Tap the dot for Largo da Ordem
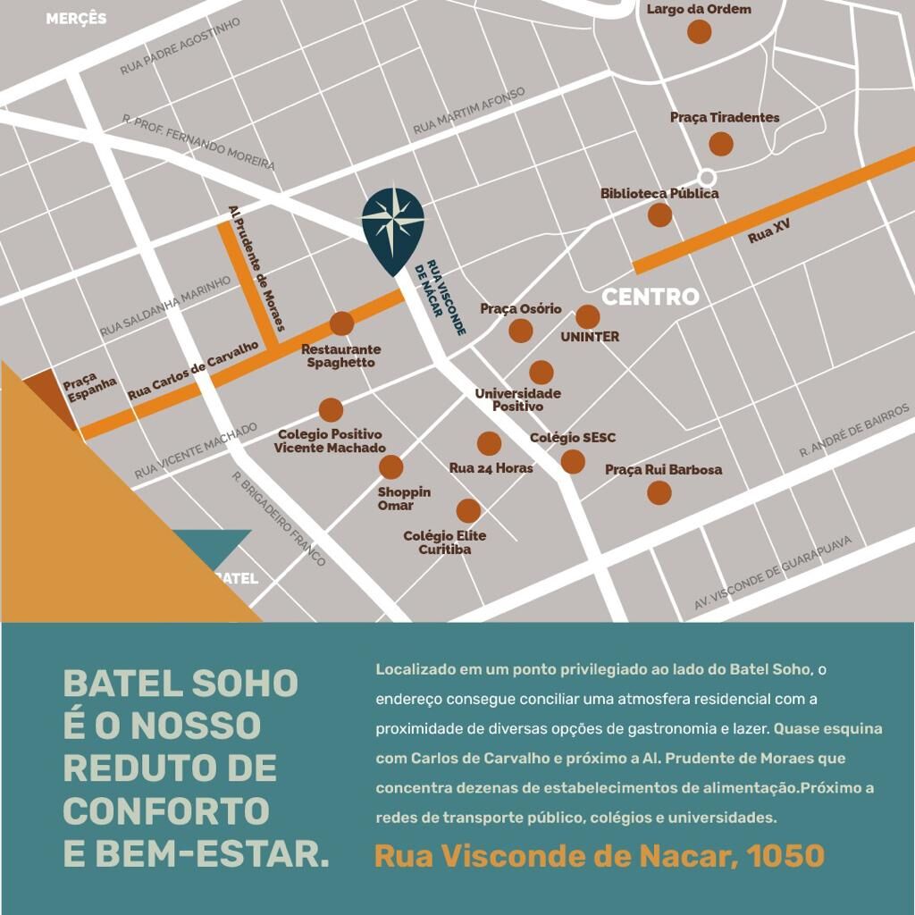[700, 31]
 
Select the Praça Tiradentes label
[725, 117]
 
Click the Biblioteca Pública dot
[659, 214]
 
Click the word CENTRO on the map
[651, 297]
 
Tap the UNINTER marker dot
[587, 316]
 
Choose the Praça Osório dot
[521, 331]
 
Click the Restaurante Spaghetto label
[340, 356]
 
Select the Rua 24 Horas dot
[489, 443]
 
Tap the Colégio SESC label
[573, 438]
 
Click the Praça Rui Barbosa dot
[659, 492]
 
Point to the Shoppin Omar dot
[390, 466]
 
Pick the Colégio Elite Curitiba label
[445, 542]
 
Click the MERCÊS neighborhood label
[76, 19]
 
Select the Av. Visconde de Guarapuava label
[774, 573]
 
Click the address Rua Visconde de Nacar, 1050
[599, 856]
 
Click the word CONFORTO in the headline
[166, 810]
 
